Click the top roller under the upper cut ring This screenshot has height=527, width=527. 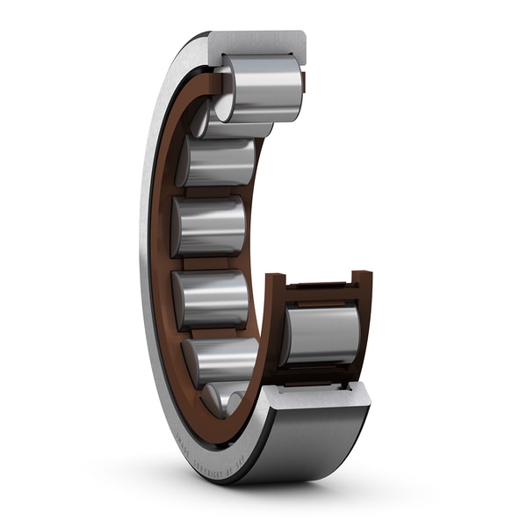263,88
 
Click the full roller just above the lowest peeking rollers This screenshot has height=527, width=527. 221,360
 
